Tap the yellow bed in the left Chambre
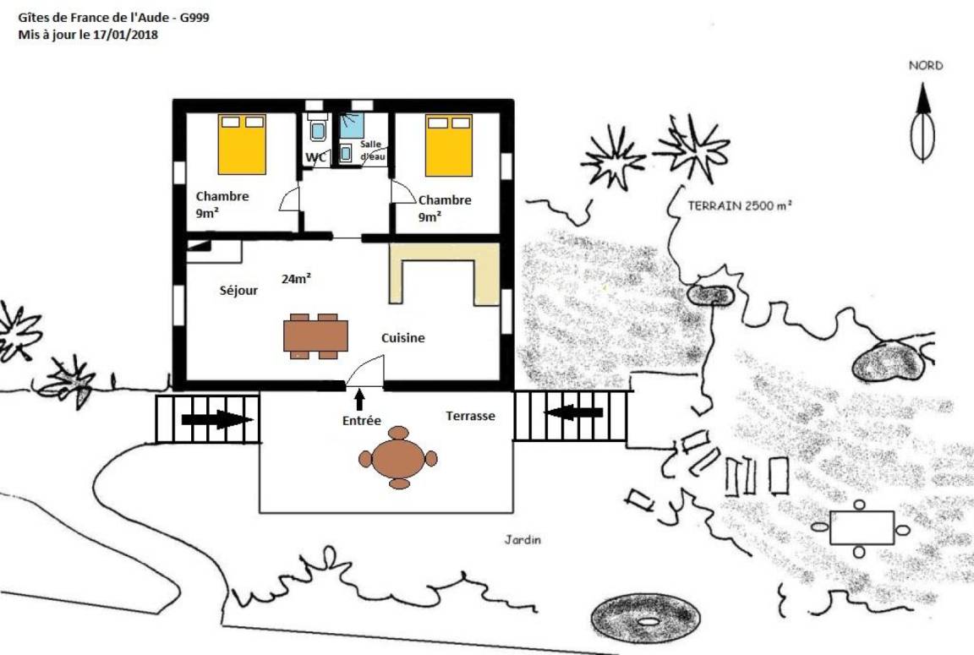(243, 144)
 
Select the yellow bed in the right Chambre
(448, 145)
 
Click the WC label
(315, 157)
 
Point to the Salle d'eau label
(371, 150)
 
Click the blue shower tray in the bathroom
(352, 125)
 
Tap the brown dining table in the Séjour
(315, 336)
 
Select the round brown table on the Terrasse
(398, 458)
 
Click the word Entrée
(362, 421)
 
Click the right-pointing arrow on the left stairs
(216, 420)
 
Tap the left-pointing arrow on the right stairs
(573, 412)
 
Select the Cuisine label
(403, 338)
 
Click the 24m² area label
(296, 279)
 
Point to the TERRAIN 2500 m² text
(739, 205)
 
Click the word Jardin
(523, 539)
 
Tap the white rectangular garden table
(862, 527)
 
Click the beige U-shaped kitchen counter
(445, 274)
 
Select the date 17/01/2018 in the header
(125, 35)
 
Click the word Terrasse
(470, 416)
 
